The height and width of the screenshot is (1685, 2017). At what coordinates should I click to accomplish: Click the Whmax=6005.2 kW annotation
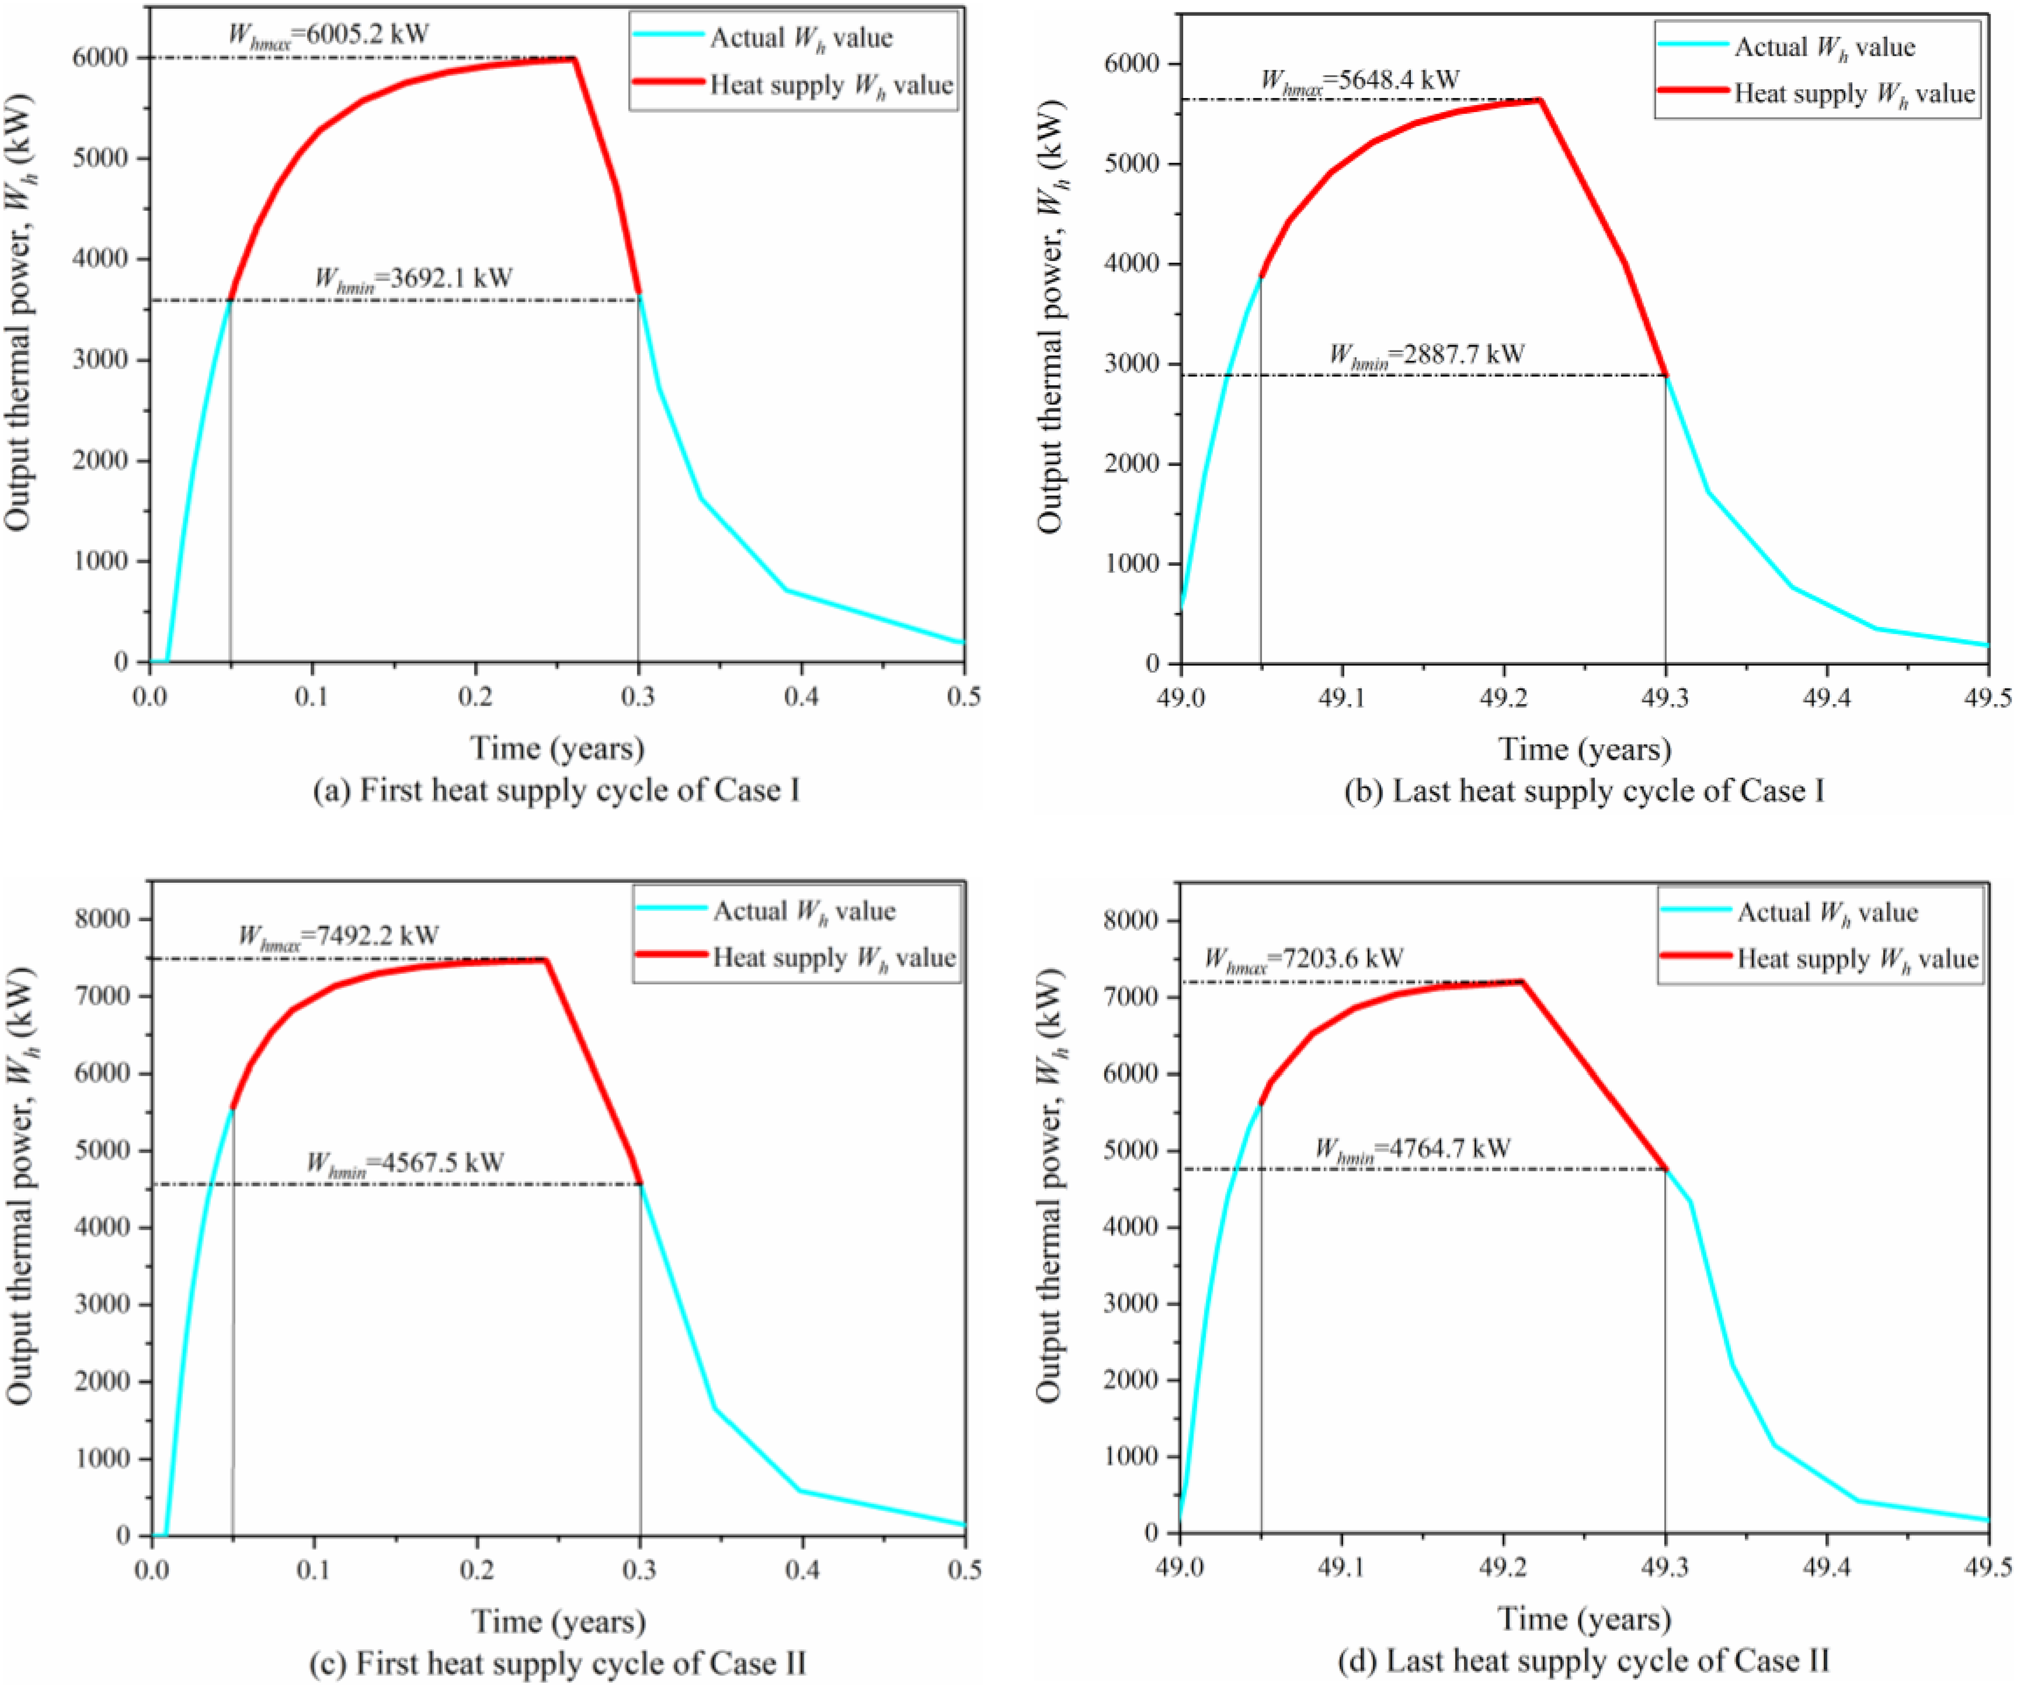tap(328, 35)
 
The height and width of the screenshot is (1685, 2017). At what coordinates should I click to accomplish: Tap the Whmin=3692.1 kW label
tap(414, 280)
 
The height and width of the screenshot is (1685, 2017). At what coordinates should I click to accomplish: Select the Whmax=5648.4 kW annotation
tap(1360, 81)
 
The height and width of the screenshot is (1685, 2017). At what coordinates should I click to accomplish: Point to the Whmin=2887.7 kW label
tap(1426, 356)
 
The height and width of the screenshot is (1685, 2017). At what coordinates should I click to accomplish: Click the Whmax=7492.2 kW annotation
tap(338, 936)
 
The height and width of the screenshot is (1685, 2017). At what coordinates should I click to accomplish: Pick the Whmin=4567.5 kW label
tap(406, 1163)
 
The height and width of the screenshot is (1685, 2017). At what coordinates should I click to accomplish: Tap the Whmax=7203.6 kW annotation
tap(1303, 959)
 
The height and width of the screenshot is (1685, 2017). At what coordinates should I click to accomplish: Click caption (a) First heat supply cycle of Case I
tap(557, 790)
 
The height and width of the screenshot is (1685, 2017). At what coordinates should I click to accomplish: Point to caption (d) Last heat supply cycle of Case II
tap(1584, 1660)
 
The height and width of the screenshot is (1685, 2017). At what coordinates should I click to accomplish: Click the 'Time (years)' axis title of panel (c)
tap(559, 1622)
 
